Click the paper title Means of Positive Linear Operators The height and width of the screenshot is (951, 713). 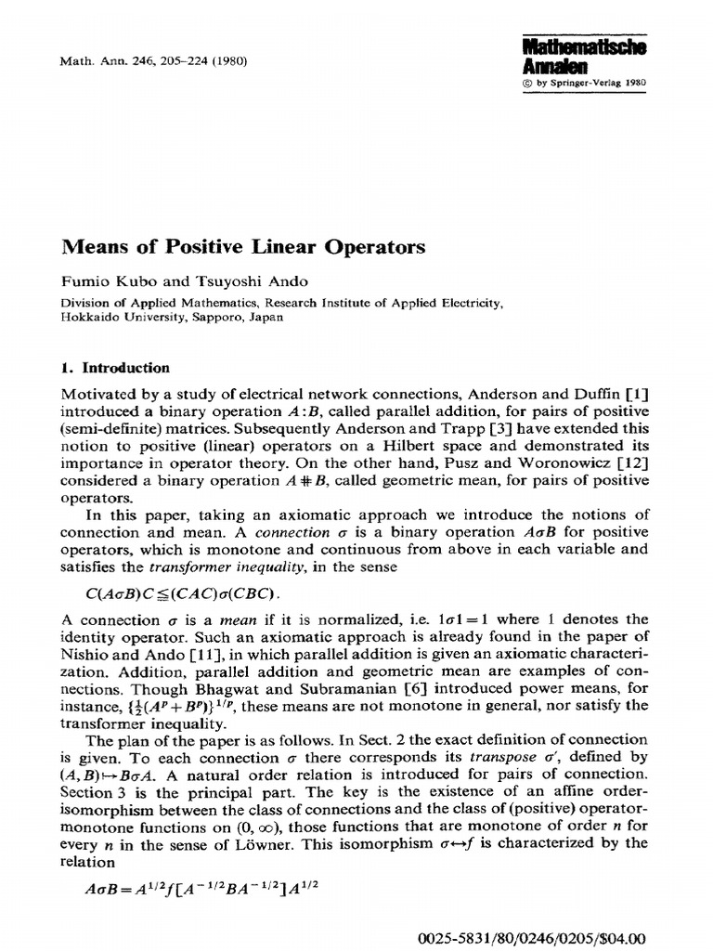click(243, 247)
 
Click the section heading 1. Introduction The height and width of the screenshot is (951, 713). click(115, 368)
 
